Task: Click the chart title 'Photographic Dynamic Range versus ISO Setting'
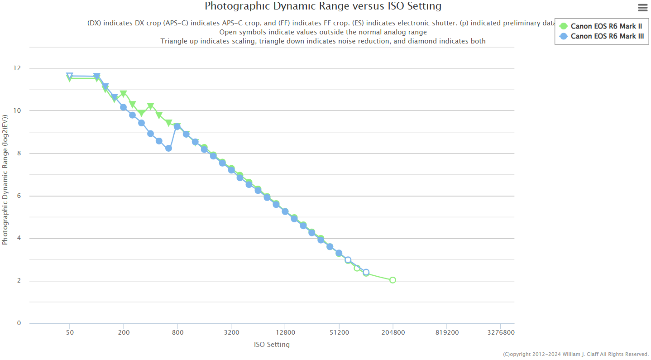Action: coord(323,6)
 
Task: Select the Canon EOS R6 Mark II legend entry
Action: coord(606,26)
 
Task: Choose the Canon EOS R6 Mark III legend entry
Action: coord(607,36)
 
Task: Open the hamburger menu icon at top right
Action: coord(642,8)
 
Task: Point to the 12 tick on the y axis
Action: coord(17,68)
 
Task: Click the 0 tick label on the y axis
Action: coord(19,323)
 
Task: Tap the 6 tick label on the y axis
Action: coord(19,196)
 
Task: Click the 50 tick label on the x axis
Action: coord(69,332)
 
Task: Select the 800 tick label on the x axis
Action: coord(177,332)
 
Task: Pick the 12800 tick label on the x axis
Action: coord(285,332)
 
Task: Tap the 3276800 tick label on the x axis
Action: coord(500,332)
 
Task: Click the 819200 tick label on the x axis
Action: coord(447,332)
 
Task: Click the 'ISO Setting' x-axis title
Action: coord(272,345)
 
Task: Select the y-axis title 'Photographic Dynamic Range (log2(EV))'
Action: coord(5,180)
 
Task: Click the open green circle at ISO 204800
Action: coord(393,280)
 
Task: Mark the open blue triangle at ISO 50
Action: coord(69,76)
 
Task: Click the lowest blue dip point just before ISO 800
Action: coord(168,148)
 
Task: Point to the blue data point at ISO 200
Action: coord(123,107)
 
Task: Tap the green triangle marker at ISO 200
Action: coord(123,94)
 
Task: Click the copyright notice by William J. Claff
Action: coord(575,354)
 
